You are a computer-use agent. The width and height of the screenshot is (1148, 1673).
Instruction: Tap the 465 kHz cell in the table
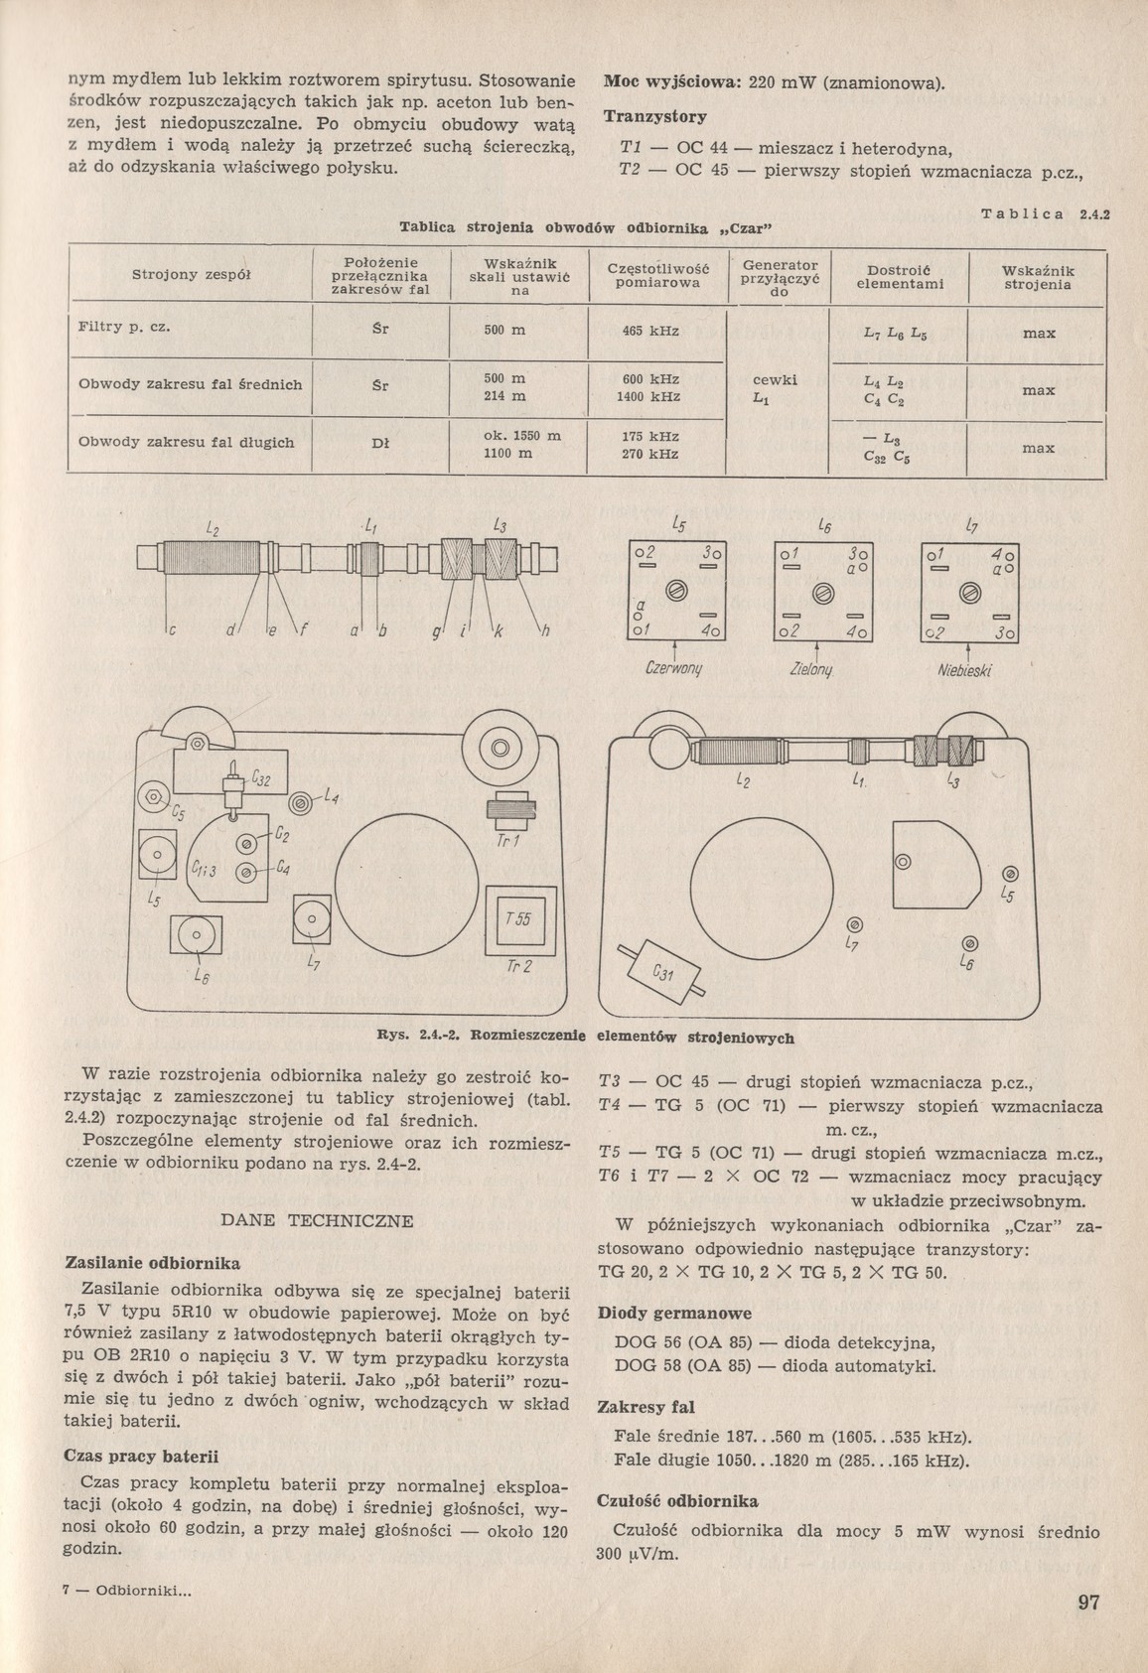pos(650,331)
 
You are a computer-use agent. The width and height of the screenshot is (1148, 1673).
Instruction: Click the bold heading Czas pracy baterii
pos(141,1457)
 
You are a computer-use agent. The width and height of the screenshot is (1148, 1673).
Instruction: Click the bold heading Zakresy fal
pos(646,1407)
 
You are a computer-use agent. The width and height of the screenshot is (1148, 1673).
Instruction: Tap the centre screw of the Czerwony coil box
pos(676,592)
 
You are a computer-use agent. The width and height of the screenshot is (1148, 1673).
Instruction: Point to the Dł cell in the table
pos(379,443)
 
